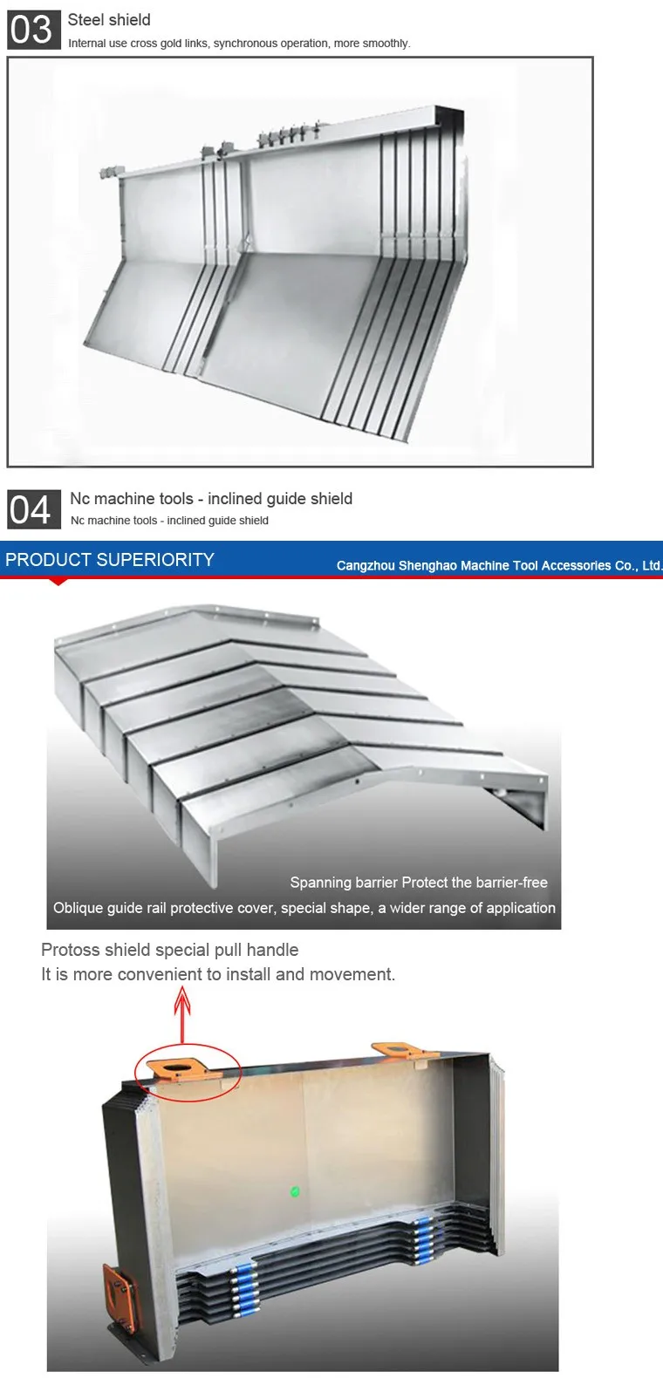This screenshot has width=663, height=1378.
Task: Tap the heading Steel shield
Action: tap(109, 20)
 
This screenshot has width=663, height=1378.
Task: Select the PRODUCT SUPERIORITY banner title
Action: tap(110, 560)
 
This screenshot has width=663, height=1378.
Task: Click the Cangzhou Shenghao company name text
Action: tap(499, 565)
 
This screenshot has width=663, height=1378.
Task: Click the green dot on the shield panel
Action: tap(295, 1191)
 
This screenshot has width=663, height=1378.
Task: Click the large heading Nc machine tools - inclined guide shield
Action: tap(211, 499)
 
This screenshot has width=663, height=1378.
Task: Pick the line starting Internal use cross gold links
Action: tap(239, 44)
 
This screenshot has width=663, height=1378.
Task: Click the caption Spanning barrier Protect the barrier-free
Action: tap(419, 883)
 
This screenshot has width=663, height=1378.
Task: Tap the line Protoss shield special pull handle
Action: tap(170, 950)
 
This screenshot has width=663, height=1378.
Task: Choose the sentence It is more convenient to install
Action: tap(218, 974)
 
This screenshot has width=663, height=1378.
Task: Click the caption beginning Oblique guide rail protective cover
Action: tap(304, 908)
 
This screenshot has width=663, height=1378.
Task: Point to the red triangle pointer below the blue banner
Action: tap(58, 582)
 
